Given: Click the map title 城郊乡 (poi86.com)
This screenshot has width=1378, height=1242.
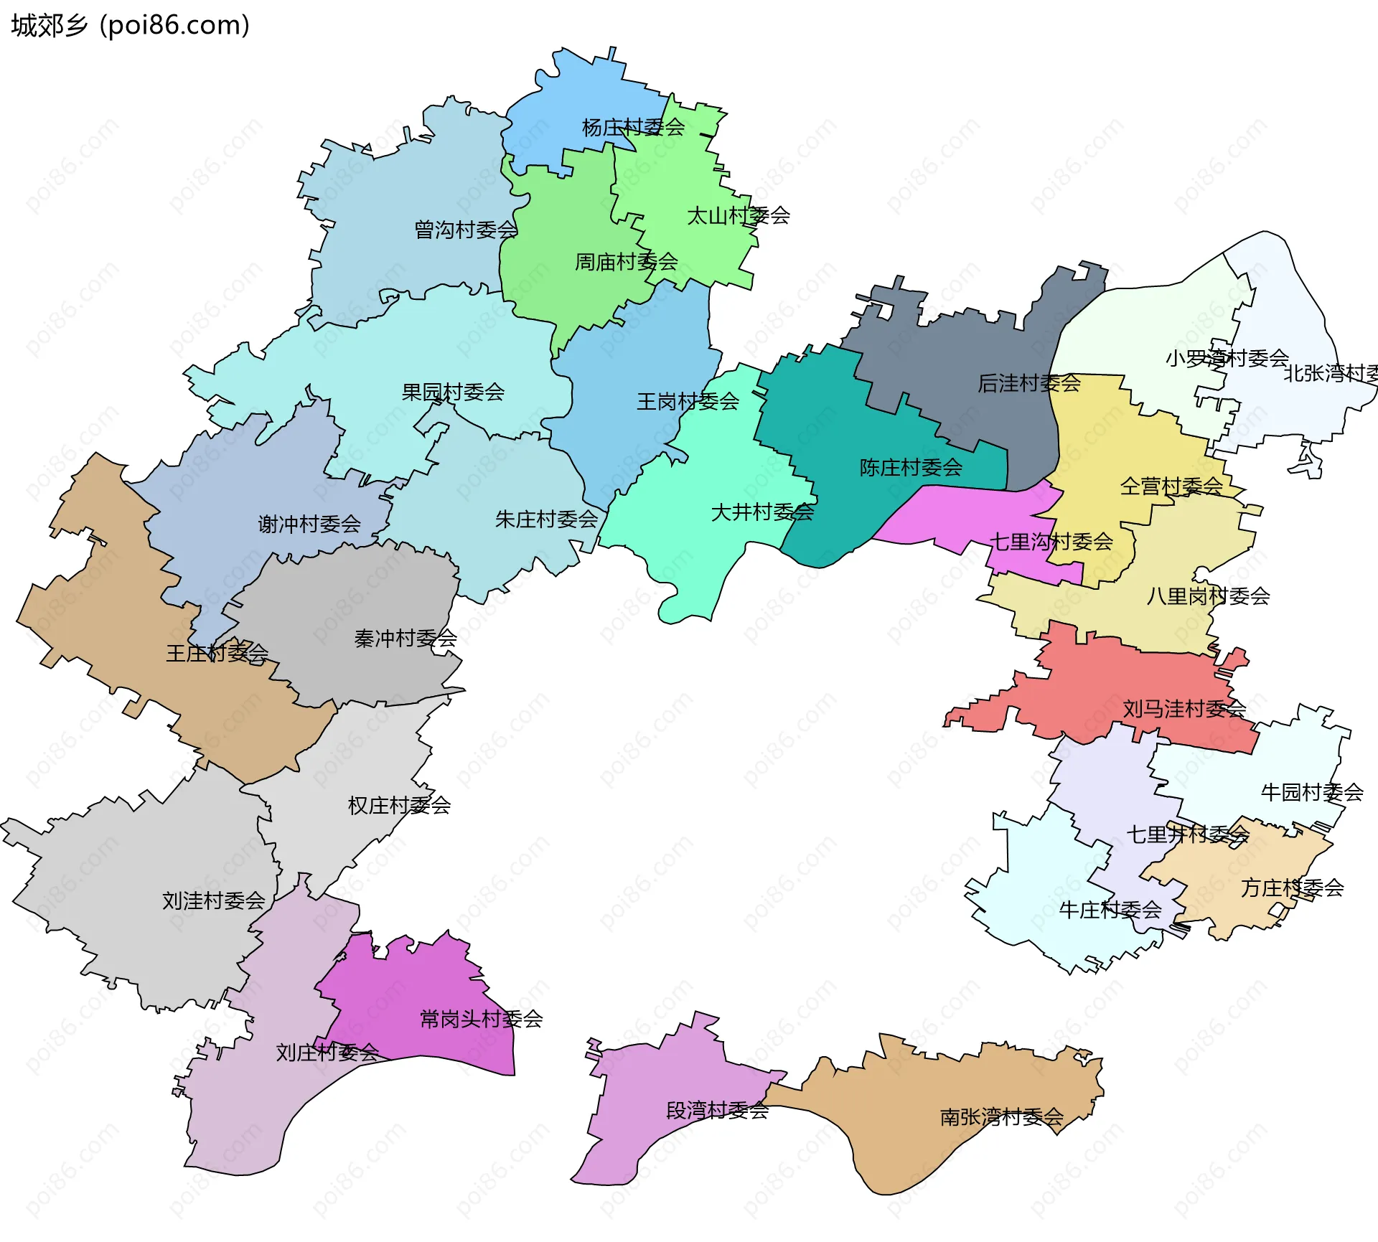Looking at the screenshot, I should [x=130, y=25].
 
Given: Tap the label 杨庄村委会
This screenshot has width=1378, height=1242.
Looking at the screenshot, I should [x=633, y=128].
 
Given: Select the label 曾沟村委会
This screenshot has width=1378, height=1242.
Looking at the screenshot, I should [x=466, y=230].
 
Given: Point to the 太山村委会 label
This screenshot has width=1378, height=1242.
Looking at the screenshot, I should [x=739, y=216].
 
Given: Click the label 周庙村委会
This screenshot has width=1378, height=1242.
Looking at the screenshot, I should [x=627, y=262].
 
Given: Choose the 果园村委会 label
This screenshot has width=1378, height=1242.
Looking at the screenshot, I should [x=453, y=392].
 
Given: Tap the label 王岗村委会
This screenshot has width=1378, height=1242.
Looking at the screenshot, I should [x=688, y=402].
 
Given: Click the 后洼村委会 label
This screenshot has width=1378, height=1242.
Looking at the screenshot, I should [x=1029, y=384].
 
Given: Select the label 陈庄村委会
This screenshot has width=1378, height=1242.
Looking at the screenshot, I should [x=911, y=469].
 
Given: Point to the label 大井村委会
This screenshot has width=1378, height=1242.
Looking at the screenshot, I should [x=762, y=512].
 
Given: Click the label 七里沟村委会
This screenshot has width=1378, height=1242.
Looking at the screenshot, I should [x=1051, y=542].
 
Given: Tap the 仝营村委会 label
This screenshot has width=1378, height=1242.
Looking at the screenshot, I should [x=1171, y=487].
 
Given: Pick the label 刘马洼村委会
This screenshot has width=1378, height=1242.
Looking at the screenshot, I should [x=1184, y=710].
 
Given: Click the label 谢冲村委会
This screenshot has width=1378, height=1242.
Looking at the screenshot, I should [x=309, y=524].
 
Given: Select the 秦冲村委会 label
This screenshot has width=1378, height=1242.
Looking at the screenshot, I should [x=406, y=639].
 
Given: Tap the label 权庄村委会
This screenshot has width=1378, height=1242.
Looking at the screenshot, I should [x=399, y=806].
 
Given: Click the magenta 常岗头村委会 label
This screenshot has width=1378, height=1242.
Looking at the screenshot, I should [x=481, y=1020].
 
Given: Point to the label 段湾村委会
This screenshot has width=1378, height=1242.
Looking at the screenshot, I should [x=717, y=1111].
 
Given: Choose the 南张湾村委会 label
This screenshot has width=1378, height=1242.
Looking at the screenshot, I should [x=1001, y=1117].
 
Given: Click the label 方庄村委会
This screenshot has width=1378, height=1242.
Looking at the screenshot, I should [x=1292, y=888].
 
